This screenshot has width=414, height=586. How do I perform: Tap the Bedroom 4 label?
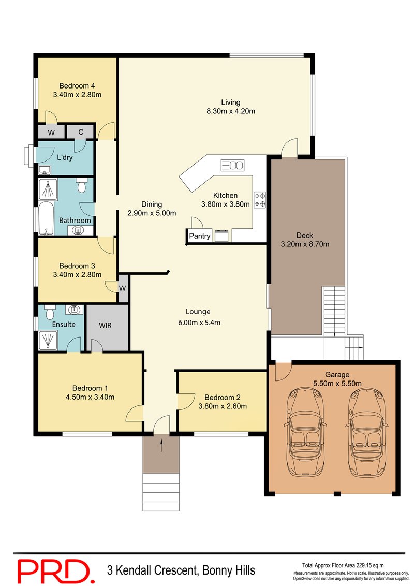point(77,86)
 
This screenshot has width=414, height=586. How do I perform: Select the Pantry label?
point(199,237)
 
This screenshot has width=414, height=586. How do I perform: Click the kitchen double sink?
point(232,166)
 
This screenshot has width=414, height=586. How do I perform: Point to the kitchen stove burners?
point(259,200)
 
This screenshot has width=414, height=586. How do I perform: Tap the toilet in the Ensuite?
point(50,313)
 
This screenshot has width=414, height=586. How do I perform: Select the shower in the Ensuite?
point(49,339)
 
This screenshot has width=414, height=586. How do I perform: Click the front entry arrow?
point(161,444)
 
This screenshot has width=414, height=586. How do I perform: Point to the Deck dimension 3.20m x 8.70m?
point(305,244)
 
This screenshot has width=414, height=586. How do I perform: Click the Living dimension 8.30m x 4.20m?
point(230,111)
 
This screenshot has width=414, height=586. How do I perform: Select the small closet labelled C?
point(81,132)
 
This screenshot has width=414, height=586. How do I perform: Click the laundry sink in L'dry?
point(44,170)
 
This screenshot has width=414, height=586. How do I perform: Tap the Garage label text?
point(337,375)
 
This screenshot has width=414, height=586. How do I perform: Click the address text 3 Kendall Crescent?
point(181,570)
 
